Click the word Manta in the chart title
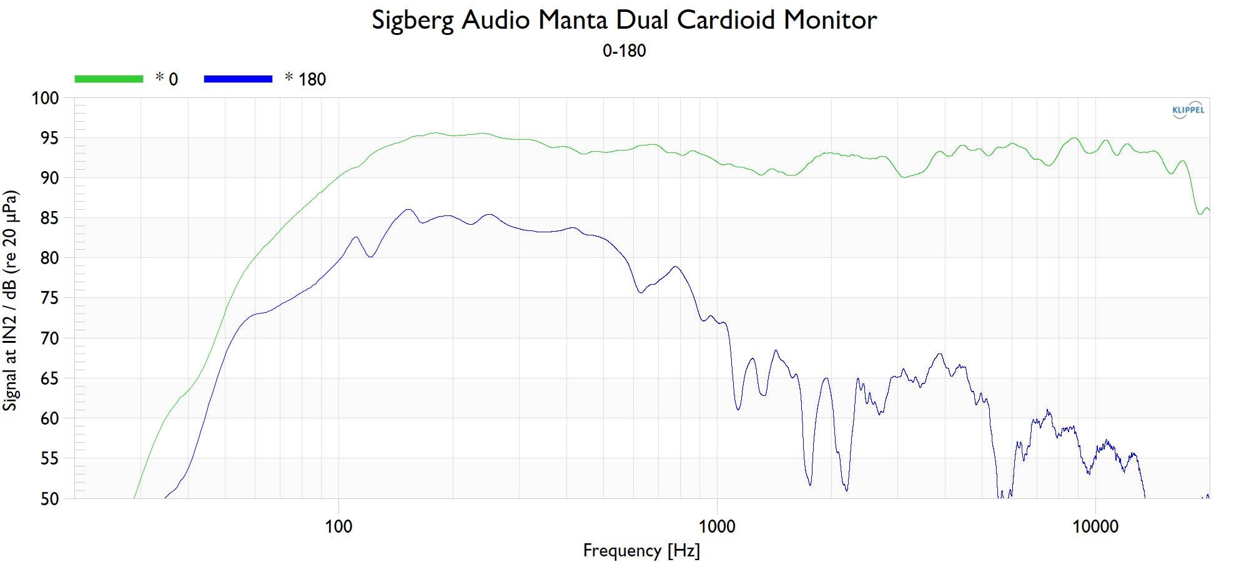[573, 20]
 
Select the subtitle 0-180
[624, 51]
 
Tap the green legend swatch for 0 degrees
[109, 79]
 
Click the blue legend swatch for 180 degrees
[238, 79]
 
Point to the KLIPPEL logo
[1188, 110]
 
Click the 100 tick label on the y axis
[45, 98]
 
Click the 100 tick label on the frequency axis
[338, 526]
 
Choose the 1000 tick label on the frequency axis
[717, 526]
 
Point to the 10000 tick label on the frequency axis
[1095, 526]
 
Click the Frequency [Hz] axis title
[641, 551]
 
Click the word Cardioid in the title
[726, 20]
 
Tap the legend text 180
[312, 79]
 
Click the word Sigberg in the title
[412, 20]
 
